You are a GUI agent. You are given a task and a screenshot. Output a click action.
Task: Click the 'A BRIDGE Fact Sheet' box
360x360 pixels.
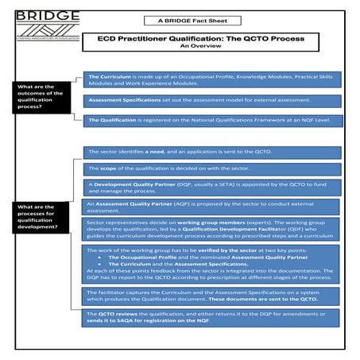coord(180,20)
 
